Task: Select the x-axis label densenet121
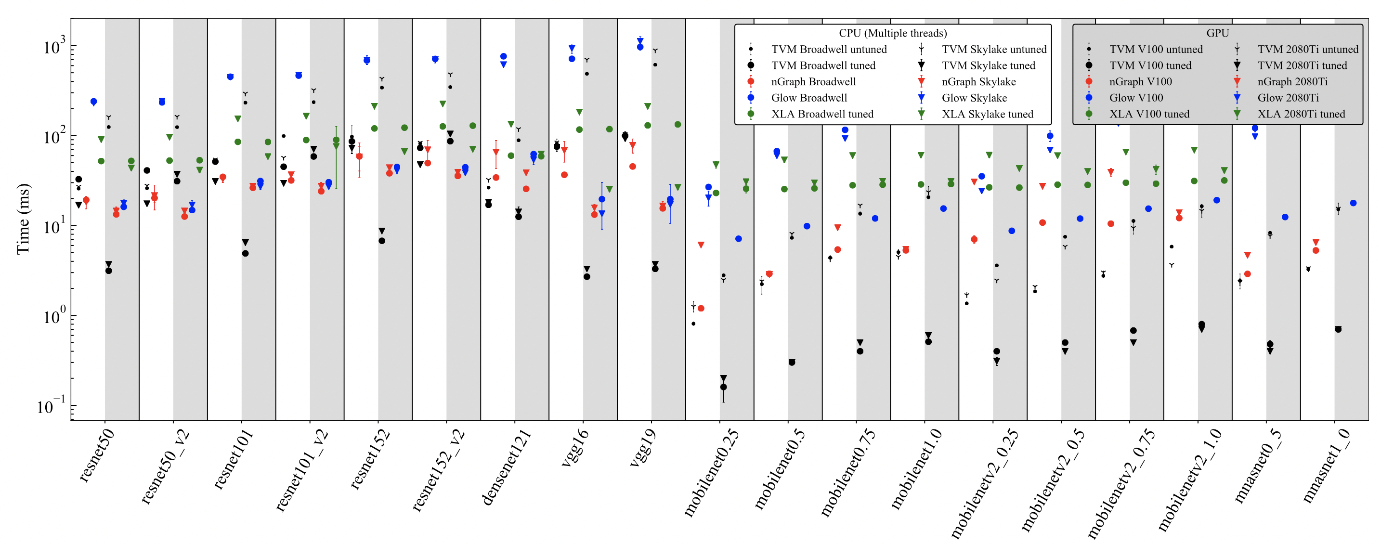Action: (x=507, y=467)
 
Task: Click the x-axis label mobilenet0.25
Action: (x=711, y=472)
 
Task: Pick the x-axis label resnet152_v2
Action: (x=438, y=470)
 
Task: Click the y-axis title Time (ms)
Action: (x=23, y=219)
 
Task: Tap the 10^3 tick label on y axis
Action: (x=55, y=47)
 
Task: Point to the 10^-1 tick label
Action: (x=52, y=406)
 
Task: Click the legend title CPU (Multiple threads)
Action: (x=893, y=33)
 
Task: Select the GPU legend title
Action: (x=1217, y=33)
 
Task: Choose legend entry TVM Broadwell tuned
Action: (x=823, y=65)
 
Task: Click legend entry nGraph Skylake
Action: (x=978, y=81)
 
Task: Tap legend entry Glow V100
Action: (x=1136, y=98)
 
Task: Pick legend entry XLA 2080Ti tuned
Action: (x=1301, y=114)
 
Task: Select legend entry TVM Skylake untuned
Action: (x=994, y=49)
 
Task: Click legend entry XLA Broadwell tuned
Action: (x=822, y=114)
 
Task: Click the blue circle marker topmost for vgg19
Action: (x=640, y=47)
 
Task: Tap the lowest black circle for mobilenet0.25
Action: (x=724, y=387)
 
